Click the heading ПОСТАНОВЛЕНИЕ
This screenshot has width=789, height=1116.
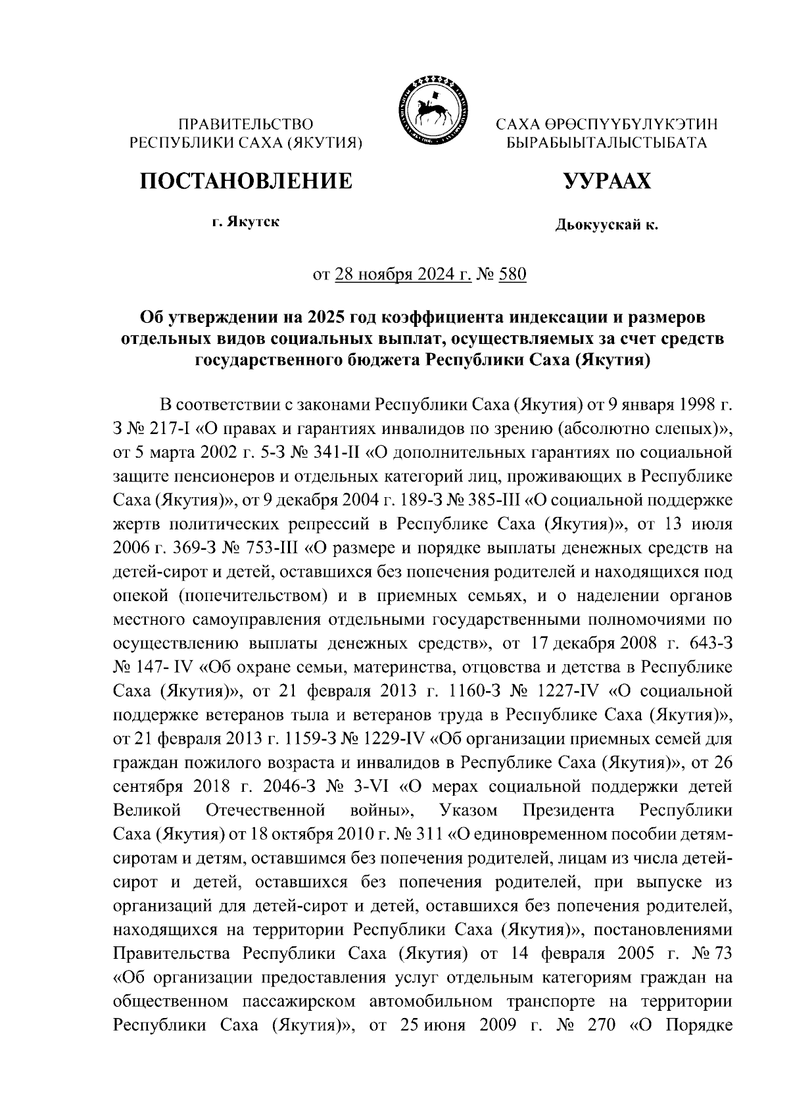pos(245,180)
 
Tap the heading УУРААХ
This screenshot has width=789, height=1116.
pos(606,180)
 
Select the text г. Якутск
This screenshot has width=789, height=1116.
pos(245,222)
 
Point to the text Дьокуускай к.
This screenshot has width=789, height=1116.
pos(606,226)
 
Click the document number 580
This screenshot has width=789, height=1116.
pos(513,274)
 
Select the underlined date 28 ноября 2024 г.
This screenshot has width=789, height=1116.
pos(402,274)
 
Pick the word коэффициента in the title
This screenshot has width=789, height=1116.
pos(442,318)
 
